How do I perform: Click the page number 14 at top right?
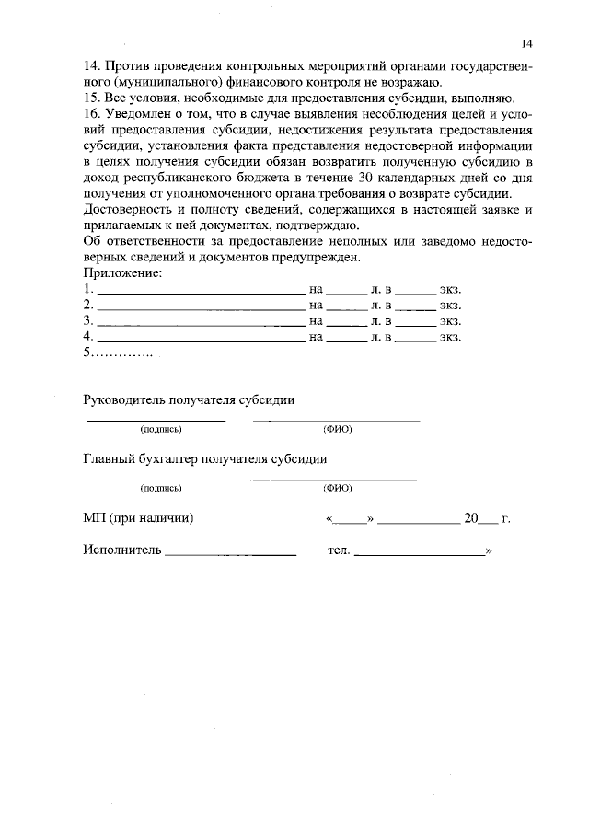pos(526,43)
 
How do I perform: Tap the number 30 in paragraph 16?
pos(366,178)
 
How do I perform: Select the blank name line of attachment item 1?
pos(201,292)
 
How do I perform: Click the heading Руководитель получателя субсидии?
pos(189,400)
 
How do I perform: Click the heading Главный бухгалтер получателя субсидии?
pos(204,459)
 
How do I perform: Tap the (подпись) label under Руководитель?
pos(160,430)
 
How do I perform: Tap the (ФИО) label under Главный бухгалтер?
pos(337,489)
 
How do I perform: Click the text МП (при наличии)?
pos(138,518)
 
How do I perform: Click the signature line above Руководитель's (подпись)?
pos(156,420)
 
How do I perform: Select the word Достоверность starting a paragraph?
pos(129,211)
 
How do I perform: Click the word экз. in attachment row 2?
pos(449,305)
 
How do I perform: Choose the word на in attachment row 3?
pos(318,321)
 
